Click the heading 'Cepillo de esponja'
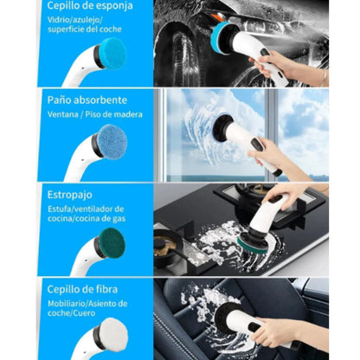(90, 6)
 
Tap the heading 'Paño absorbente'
(87, 100)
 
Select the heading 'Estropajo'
(70, 195)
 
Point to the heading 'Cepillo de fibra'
(82, 289)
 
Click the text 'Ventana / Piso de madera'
(95, 114)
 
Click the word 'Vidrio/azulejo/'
(75, 20)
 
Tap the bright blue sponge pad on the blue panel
(112, 53)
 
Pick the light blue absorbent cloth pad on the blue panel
(112, 142)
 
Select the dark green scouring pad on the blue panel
(112, 242)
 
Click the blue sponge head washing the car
(220, 36)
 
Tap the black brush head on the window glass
(222, 128)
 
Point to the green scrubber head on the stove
(253, 245)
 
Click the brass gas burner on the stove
(164, 245)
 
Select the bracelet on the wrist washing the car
(325, 77)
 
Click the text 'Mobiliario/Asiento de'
(87, 304)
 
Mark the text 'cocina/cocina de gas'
(87, 218)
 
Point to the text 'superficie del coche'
(85, 29)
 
